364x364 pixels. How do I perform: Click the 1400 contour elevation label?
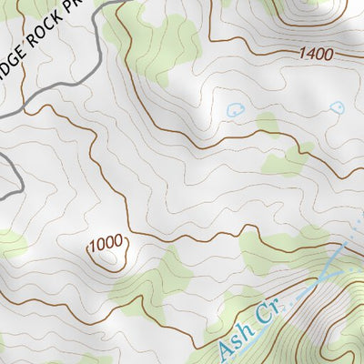click(x=315, y=54)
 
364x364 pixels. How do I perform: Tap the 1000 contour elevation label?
click(x=106, y=243)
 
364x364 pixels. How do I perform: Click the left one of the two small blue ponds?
click(x=235, y=109)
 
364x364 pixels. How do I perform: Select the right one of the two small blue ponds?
click(x=337, y=106)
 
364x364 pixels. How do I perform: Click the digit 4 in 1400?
click(x=308, y=54)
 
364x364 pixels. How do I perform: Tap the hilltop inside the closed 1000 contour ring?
click(x=107, y=258)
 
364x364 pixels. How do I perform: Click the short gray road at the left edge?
click(x=7, y=173)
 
